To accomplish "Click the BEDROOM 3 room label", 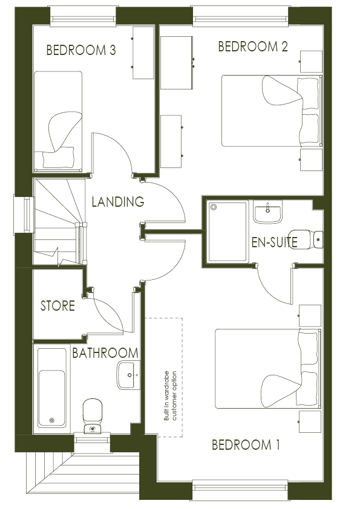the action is click(x=81, y=50).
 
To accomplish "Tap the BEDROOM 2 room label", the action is click(x=253, y=47).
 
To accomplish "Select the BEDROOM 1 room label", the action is click(x=246, y=444).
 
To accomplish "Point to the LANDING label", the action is click(x=117, y=201).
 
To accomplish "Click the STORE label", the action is click(x=57, y=306).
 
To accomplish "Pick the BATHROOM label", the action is click(x=105, y=353).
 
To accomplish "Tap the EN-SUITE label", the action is click(x=275, y=242).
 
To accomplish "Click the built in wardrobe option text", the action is click(x=170, y=396).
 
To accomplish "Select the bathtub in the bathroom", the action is click(x=52, y=388).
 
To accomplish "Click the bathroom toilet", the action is click(x=93, y=416).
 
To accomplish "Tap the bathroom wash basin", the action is click(x=128, y=375).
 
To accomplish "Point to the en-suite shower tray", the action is click(x=227, y=232).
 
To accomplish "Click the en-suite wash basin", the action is click(x=267, y=212).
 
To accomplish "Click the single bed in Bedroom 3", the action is click(x=58, y=122).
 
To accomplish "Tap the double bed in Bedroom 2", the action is click(x=272, y=111).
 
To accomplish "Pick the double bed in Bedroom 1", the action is click(x=268, y=369).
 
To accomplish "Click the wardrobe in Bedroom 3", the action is click(x=143, y=53).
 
